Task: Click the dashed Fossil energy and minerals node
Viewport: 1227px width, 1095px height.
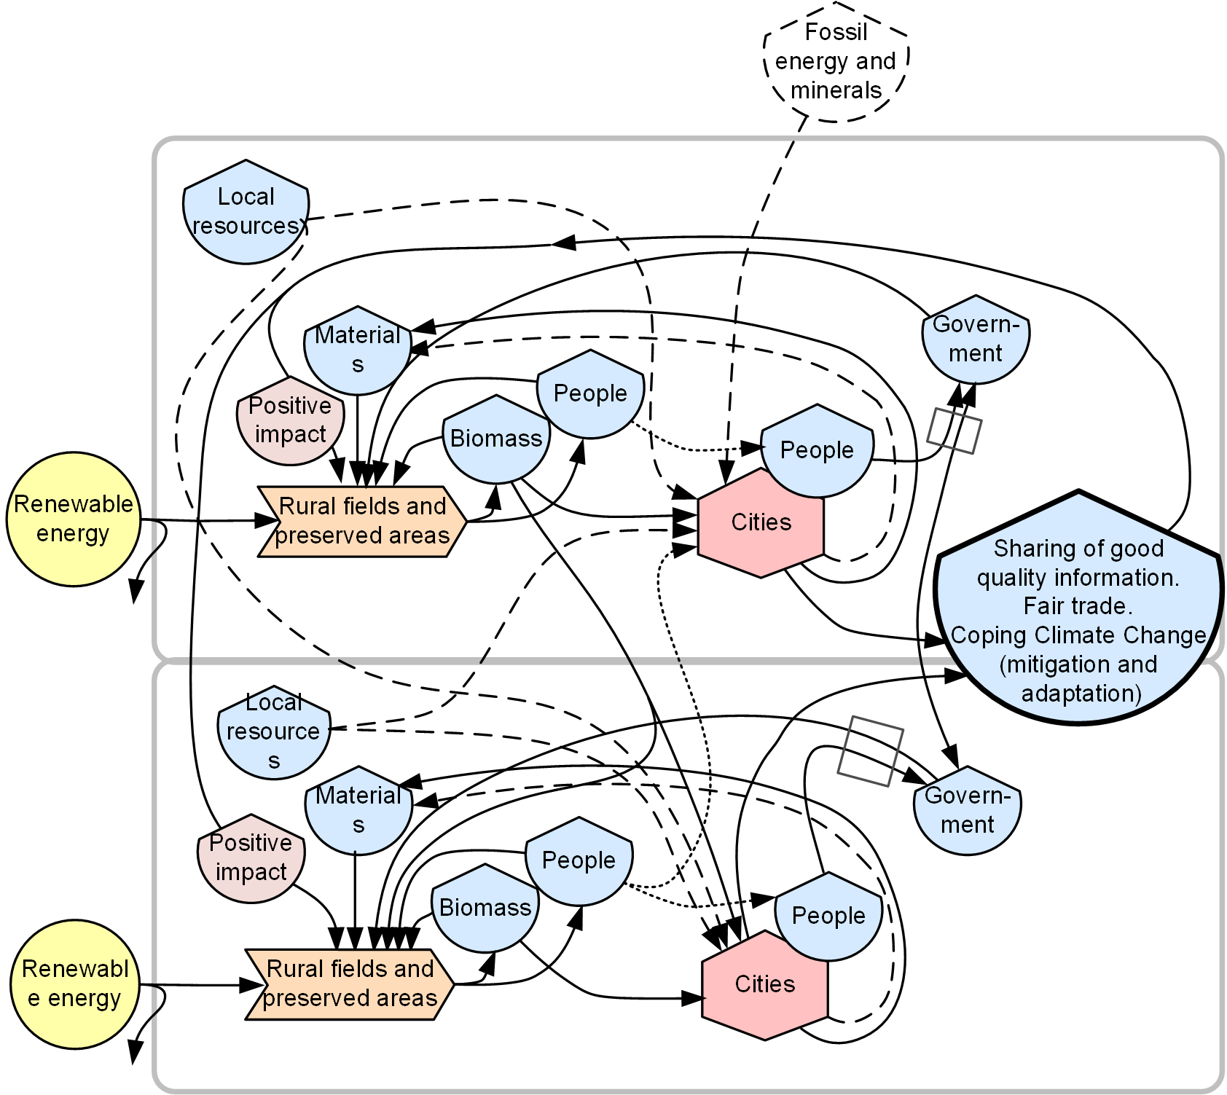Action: click(x=836, y=61)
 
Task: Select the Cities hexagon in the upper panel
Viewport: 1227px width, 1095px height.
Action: click(x=761, y=523)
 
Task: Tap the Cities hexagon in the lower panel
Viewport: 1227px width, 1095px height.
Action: click(x=764, y=985)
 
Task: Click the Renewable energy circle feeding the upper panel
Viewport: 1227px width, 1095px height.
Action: click(x=73, y=519)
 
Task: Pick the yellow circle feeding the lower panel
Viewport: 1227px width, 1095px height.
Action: click(x=74, y=984)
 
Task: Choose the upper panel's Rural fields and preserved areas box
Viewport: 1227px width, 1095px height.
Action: click(x=362, y=521)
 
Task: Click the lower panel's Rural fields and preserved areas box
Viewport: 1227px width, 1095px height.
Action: click(x=350, y=984)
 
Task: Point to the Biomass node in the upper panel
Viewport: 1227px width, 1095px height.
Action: click(x=495, y=439)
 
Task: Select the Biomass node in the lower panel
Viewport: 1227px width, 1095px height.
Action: click(x=485, y=908)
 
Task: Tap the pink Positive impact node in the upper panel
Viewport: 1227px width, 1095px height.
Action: click(x=290, y=420)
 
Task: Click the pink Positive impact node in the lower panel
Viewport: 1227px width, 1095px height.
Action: click(x=251, y=857)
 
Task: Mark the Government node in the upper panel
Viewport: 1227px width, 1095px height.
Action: click(x=976, y=339)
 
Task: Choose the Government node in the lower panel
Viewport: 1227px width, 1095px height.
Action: click(x=967, y=810)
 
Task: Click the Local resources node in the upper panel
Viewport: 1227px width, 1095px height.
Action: click(x=246, y=212)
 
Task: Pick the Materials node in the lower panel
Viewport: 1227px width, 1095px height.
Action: click(x=358, y=810)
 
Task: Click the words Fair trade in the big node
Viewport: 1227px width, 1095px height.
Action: click(x=1078, y=606)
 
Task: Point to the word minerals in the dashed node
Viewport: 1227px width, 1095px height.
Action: click(x=836, y=90)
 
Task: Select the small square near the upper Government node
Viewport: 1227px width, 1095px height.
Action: click(x=954, y=431)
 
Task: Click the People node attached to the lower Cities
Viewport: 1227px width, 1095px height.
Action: click(x=828, y=916)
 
